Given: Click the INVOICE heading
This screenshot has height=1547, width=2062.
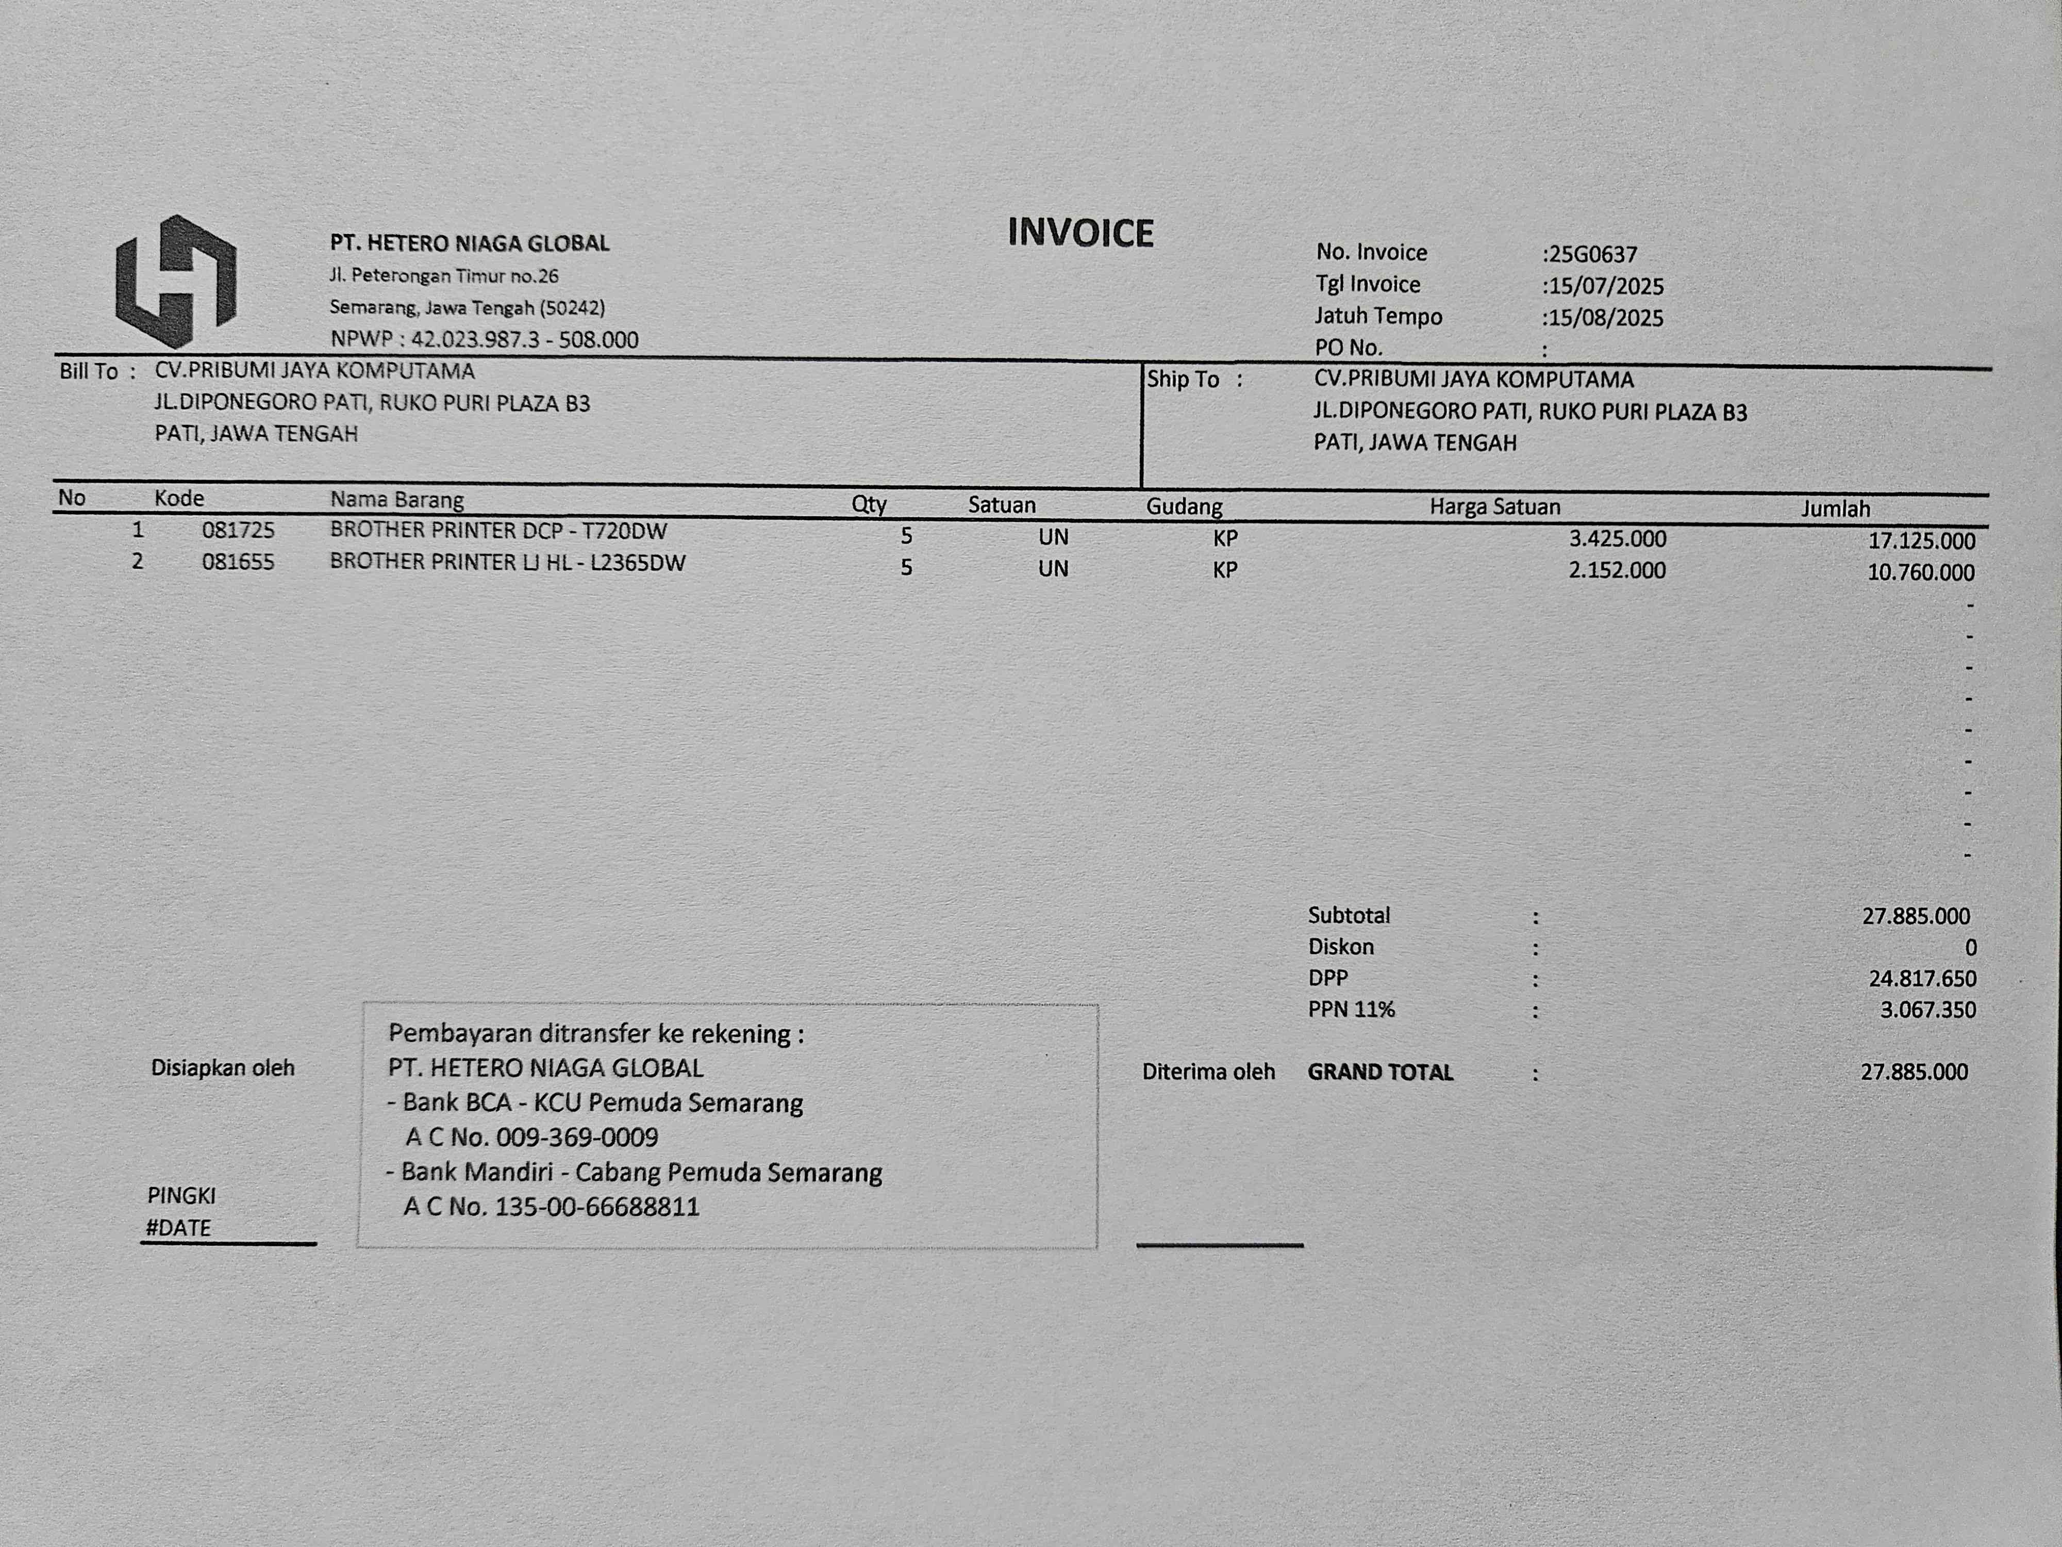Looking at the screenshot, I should coord(1080,233).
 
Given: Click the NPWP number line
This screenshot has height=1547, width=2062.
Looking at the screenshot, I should coord(484,339).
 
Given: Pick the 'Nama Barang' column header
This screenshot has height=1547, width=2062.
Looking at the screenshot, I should coord(396,500).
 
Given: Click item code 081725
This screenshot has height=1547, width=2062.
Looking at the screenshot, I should coord(239,531).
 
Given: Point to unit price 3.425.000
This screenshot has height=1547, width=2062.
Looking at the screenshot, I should coord(1617,539).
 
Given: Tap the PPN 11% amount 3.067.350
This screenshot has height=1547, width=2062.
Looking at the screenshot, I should coord(1927,1010).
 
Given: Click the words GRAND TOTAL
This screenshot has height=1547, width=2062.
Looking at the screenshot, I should coord(1379,1073).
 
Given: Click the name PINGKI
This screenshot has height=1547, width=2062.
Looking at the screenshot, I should coord(182,1195).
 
